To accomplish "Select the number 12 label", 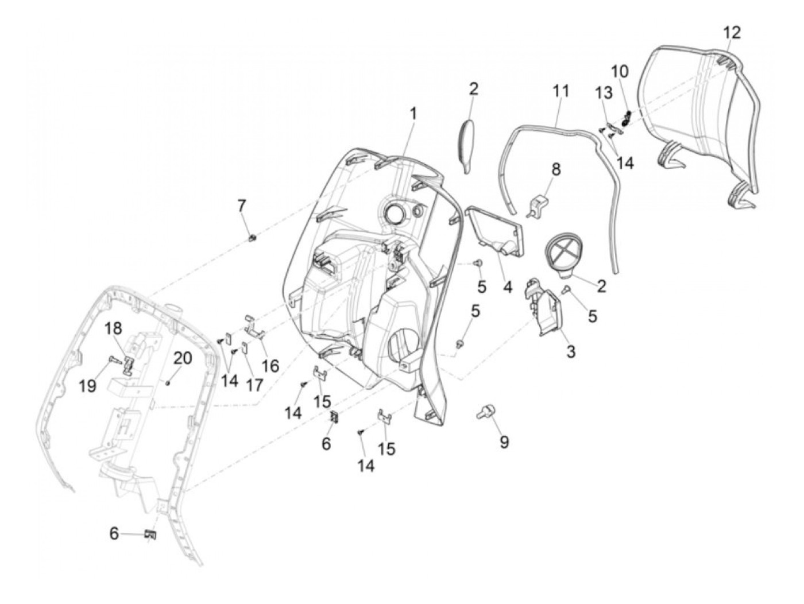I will point(732,33).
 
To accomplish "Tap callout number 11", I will point(561,91).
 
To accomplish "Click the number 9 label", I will point(504,442).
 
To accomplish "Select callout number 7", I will point(242,205).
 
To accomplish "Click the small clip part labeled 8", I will point(538,204).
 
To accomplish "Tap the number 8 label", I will point(555,169).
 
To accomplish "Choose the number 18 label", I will point(114,329).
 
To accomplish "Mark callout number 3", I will point(570,351).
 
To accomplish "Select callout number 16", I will point(270,365).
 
